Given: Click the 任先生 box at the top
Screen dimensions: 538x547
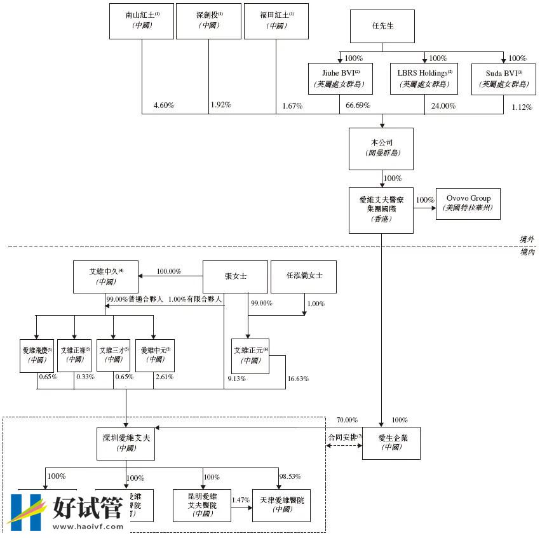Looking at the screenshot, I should (382, 26).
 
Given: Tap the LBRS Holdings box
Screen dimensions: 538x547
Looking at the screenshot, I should (424, 78).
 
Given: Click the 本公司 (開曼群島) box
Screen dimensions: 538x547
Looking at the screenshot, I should (381, 148).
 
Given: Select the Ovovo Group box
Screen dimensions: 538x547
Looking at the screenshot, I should (468, 203).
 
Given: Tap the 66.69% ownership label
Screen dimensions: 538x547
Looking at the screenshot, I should (358, 105).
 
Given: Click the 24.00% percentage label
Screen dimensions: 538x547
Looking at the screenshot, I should (443, 106).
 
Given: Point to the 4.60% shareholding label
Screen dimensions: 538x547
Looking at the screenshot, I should (164, 105).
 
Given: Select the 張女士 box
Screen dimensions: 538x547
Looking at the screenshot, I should (235, 276).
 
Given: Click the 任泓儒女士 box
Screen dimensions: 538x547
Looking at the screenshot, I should (304, 276).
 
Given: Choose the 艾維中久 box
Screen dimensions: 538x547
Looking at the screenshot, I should (106, 276).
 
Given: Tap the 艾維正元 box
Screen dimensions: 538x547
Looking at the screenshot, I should (251, 354).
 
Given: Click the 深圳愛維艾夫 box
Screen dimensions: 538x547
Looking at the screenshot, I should (126, 442).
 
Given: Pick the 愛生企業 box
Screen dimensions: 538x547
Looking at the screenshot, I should (391, 442).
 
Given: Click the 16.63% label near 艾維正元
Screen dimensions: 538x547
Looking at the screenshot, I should (298, 379).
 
